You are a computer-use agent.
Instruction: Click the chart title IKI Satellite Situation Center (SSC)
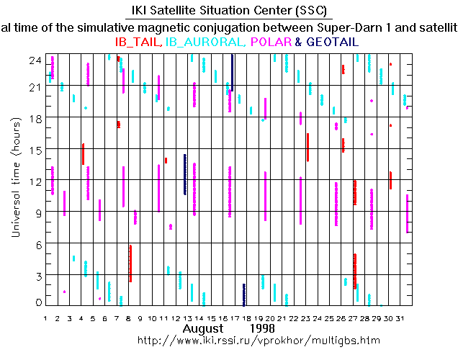[x=228, y=11]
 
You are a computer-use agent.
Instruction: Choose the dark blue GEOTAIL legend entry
[x=333, y=42]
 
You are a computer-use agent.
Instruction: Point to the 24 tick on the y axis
[x=33, y=62]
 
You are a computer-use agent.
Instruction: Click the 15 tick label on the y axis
[x=33, y=149]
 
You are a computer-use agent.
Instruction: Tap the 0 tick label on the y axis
[x=36, y=303]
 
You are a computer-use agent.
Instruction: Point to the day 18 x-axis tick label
[x=246, y=318]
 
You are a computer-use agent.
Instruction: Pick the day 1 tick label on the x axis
[x=45, y=318]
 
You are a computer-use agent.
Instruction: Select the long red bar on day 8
[x=130, y=264]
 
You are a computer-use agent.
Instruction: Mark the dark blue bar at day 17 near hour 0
[x=244, y=294]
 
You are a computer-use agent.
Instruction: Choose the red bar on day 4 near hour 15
[x=83, y=154]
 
